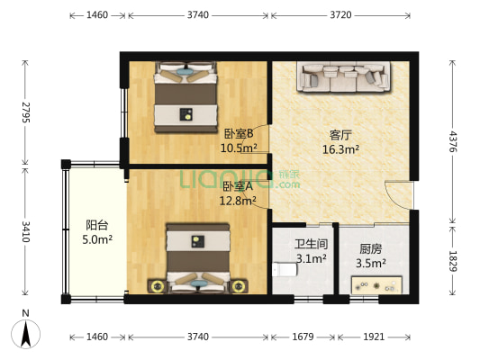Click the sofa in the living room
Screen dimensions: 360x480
(x=345, y=78)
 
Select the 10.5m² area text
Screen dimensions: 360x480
(x=240, y=148)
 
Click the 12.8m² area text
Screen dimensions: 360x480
(x=239, y=201)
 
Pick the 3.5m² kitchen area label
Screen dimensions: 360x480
(x=371, y=264)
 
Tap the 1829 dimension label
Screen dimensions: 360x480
(x=453, y=260)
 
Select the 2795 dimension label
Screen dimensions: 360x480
(x=26, y=112)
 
